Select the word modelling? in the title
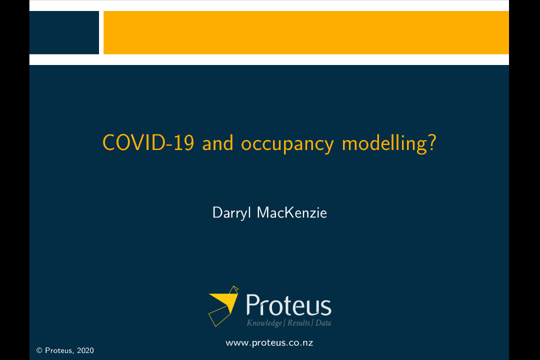click(x=389, y=143)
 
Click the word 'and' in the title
click(x=218, y=143)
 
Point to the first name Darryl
click(x=232, y=213)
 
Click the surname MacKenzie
click(x=292, y=212)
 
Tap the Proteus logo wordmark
click(x=288, y=305)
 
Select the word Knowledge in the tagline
click(x=264, y=323)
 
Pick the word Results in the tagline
click(x=298, y=323)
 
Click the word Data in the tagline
click(x=323, y=323)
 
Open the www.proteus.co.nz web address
click(x=269, y=342)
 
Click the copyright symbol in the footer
click(x=39, y=350)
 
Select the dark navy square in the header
click(x=64, y=32)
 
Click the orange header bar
click(x=306, y=32)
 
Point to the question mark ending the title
click(x=432, y=143)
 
